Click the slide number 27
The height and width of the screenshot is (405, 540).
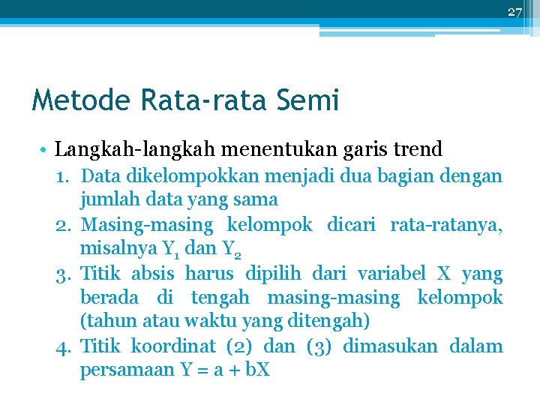(x=514, y=11)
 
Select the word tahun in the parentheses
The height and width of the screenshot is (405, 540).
(x=106, y=322)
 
